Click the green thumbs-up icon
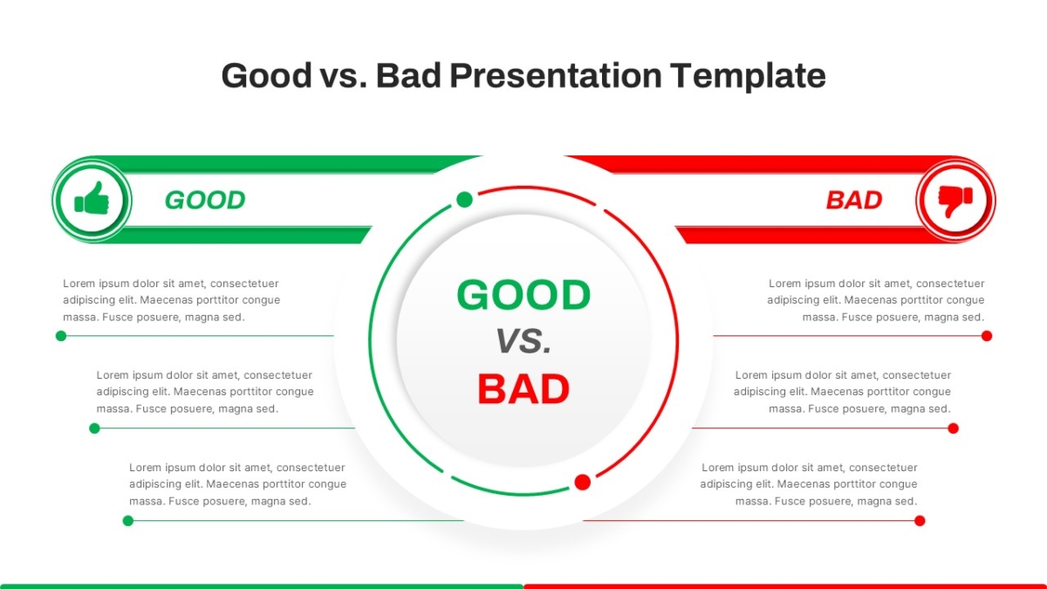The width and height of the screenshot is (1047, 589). tap(92, 199)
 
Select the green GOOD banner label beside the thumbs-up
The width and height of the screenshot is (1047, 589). tap(205, 200)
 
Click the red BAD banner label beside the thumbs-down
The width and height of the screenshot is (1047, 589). tap(854, 200)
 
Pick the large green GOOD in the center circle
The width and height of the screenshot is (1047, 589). tap(523, 295)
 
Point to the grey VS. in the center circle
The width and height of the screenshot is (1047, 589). tap(523, 341)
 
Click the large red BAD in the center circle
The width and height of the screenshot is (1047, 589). tap(523, 388)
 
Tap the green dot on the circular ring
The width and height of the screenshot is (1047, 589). tap(464, 200)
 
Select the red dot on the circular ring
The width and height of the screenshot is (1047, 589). tap(583, 482)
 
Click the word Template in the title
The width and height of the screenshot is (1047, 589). tap(748, 75)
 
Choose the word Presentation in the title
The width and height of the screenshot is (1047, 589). tap(556, 75)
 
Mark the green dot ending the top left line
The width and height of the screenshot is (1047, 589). tap(61, 336)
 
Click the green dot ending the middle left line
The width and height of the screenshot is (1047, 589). tap(94, 428)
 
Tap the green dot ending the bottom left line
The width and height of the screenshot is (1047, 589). tap(128, 521)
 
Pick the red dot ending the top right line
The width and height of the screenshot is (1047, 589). tap(987, 336)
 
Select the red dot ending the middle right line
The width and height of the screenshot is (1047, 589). tap(954, 428)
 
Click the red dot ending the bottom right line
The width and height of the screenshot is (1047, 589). tap(920, 521)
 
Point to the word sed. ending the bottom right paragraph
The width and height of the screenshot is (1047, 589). tap(907, 501)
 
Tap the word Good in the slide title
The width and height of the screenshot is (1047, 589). tap(266, 75)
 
